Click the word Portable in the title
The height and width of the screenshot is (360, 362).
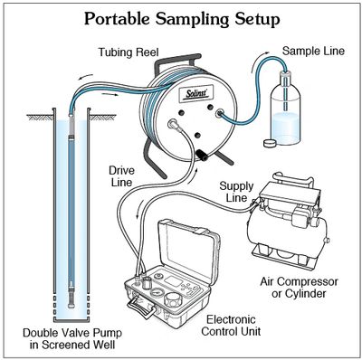pos(117,19)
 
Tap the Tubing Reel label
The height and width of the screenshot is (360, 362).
pos(129,52)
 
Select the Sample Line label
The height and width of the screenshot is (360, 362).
pos(313,51)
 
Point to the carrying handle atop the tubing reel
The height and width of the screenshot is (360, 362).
pos(177,62)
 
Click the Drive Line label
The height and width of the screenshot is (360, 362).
pos(121,176)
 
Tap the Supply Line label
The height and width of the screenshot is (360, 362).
pos(236,192)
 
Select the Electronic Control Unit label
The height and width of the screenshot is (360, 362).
pos(231,326)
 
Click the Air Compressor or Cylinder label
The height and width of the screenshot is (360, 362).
pos(299,288)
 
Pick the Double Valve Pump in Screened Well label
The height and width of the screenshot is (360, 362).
pos(72,339)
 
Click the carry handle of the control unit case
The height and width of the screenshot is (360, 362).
pos(142,305)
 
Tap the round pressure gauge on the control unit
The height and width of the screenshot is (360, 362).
pos(157,293)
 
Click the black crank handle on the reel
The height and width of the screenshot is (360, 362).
pos(201,155)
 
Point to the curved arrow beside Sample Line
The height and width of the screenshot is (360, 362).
pos(260,60)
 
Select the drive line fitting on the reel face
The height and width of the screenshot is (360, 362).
pos(174,124)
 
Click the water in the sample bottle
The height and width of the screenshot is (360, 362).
pos(285,128)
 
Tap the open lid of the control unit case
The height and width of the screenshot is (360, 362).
pos(189,246)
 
